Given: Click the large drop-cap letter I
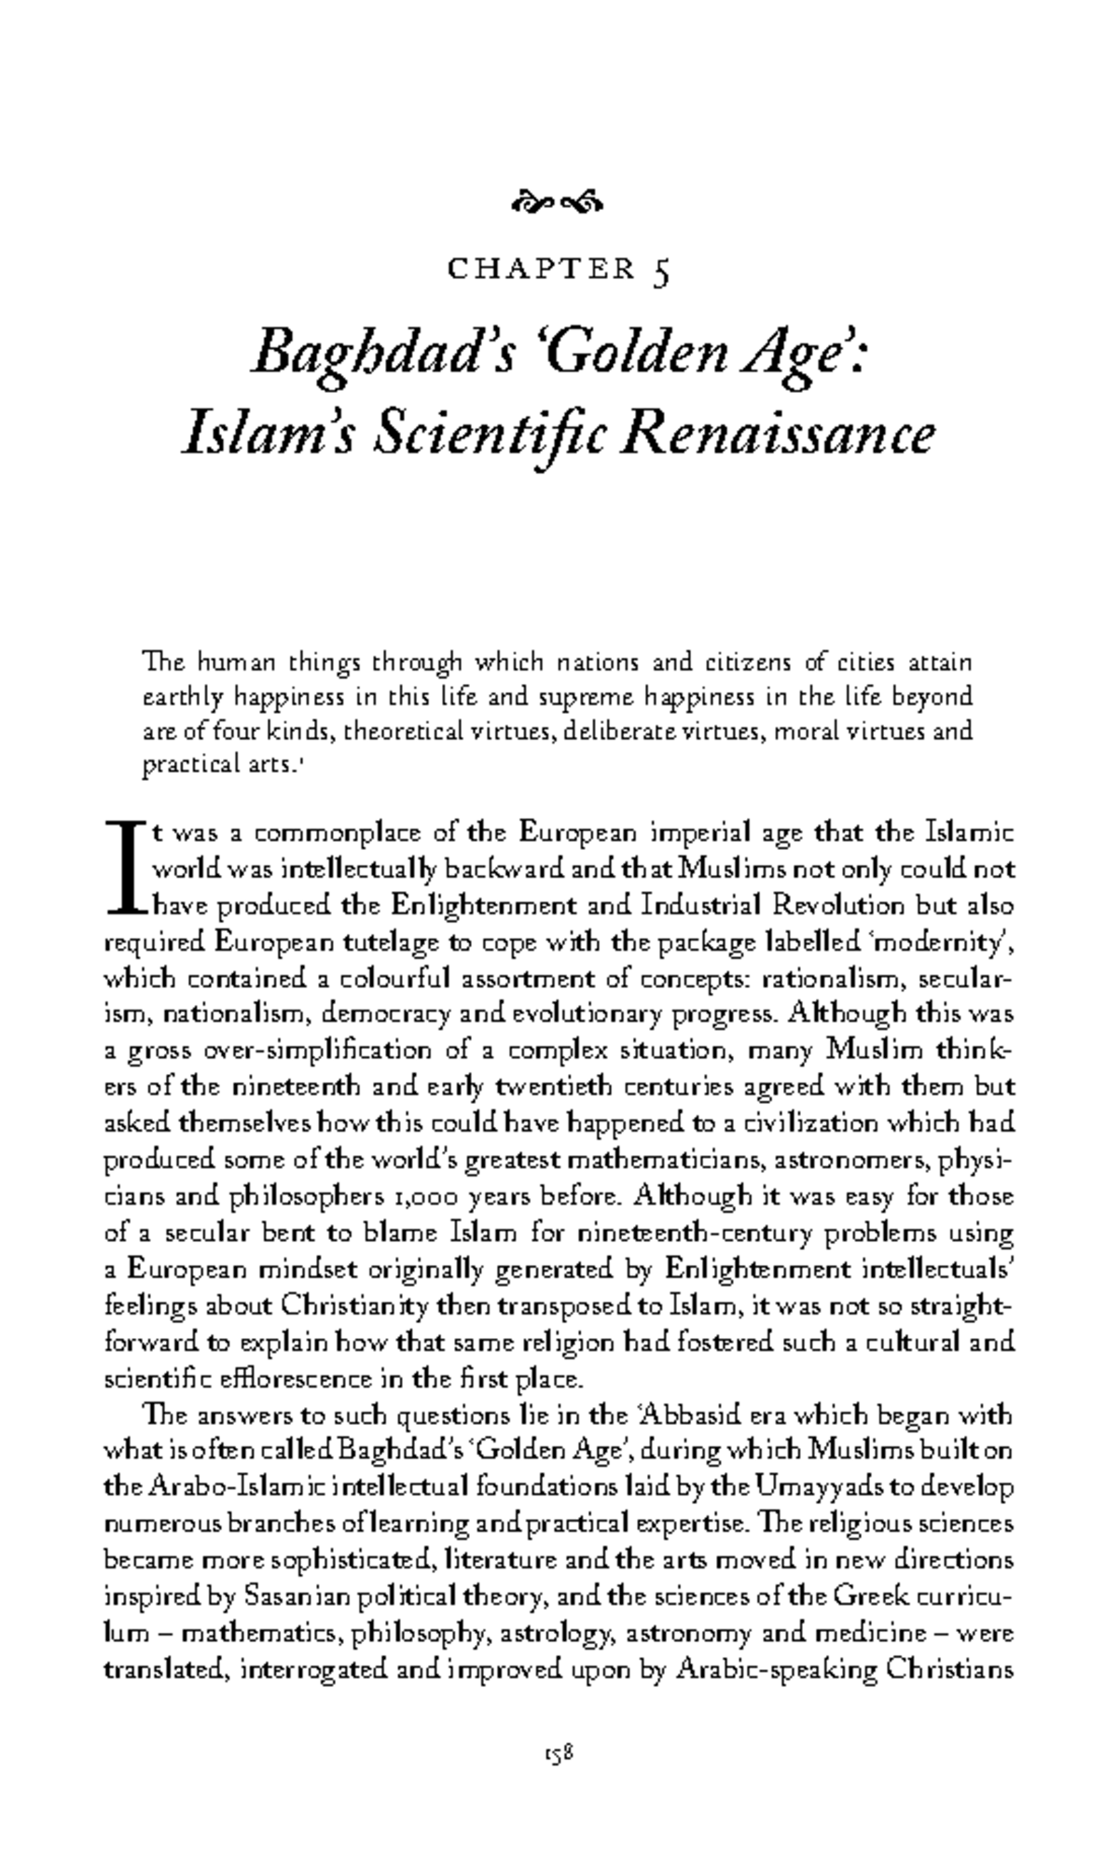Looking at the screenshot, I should tap(125, 868).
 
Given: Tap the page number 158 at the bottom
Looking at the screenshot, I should tap(559, 1754).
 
